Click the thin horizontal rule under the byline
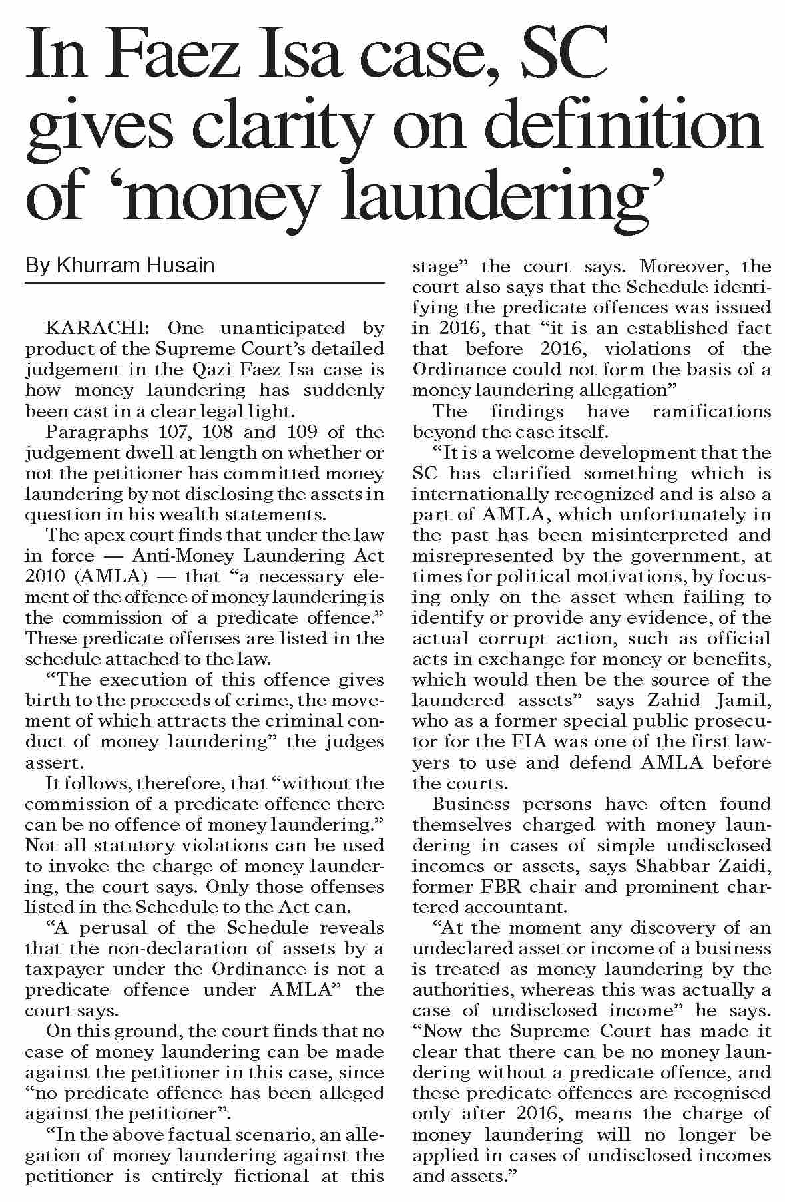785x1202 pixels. click(204, 284)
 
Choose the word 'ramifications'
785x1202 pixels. click(711, 411)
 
